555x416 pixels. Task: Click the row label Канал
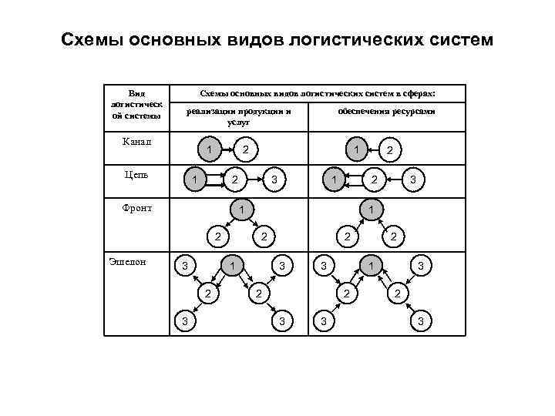tap(137, 141)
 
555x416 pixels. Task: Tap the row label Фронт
tap(137, 207)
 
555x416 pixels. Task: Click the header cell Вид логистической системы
tap(136, 104)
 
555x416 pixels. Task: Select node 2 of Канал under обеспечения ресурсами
tap(390, 150)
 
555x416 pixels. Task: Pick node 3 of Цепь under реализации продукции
tap(274, 181)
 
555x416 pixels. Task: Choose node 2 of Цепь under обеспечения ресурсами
tap(374, 180)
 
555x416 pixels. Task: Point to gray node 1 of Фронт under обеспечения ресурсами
tap(372, 209)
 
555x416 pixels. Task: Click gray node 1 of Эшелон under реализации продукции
tap(233, 266)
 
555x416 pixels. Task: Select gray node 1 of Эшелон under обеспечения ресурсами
tap(372, 266)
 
